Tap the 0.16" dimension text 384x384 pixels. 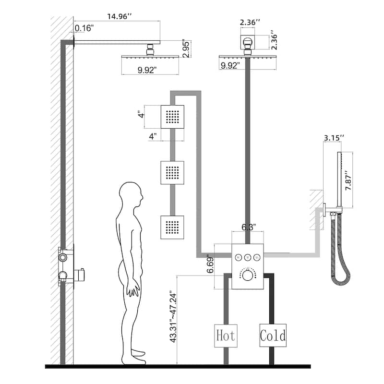pyautogui.click(x=84, y=28)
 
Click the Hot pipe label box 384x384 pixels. pyautogui.click(x=225, y=335)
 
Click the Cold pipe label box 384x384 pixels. pyautogui.click(x=273, y=335)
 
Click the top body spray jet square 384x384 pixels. pyautogui.click(x=172, y=117)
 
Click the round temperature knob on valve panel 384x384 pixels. pyautogui.click(x=248, y=276)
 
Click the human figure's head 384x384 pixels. pyautogui.click(x=132, y=195)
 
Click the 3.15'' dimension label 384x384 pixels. pyautogui.click(x=334, y=138)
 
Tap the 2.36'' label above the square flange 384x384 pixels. pyautogui.click(x=250, y=22)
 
